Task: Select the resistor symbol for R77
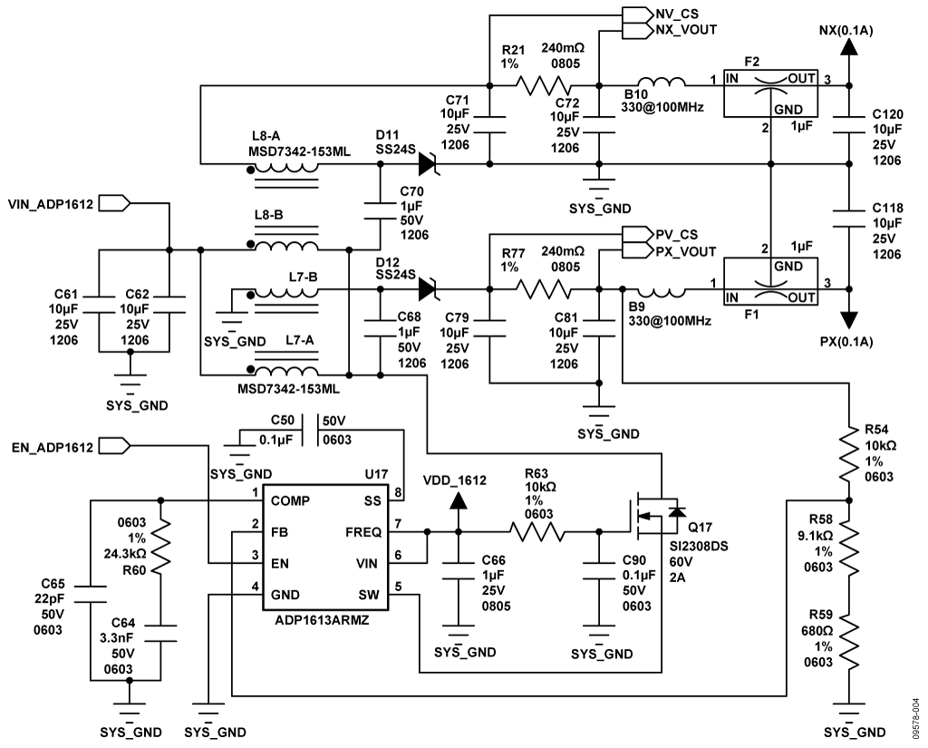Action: pyautogui.click(x=544, y=290)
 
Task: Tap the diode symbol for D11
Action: pyautogui.click(x=429, y=164)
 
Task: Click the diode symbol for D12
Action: pyautogui.click(x=429, y=290)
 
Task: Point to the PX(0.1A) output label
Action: pyautogui.click(x=849, y=342)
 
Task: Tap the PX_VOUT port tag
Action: pyautogui.click(x=685, y=251)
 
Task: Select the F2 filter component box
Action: pyautogui.click(x=770, y=93)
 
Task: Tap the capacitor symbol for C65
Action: pyautogui.click(x=92, y=594)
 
